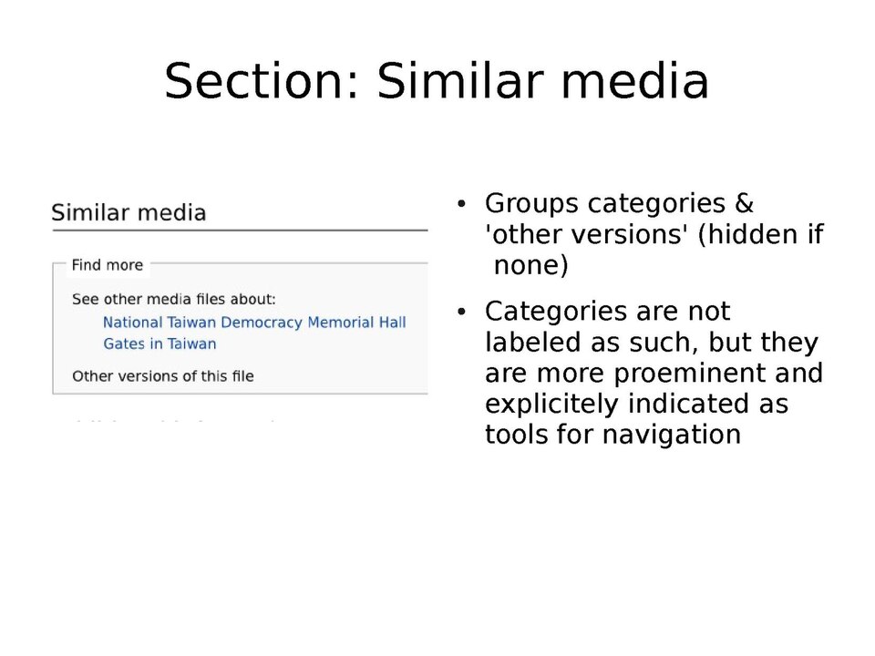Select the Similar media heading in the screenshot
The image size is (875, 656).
tap(129, 213)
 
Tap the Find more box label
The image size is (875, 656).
tap(108, 265)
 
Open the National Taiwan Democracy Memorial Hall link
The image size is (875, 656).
tap(254, 323)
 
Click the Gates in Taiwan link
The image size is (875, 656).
tap(160, 344)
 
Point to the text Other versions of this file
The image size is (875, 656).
tap(162, 376)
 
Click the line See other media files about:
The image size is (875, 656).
tap(173, 299)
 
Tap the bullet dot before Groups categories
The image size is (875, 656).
tap(462, 204)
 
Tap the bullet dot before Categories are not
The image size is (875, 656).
tap(462, 313)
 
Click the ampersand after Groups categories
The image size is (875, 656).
tap(744, 203)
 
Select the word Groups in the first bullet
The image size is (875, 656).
tap(531, 203)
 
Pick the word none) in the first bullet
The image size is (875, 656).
tap(530, 266)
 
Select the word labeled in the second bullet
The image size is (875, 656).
tap(529, 343)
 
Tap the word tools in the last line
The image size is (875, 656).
tap(514, 435)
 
